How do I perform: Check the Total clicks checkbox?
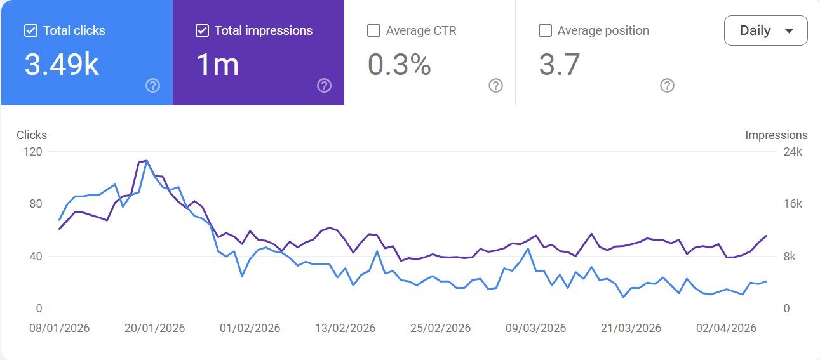tap(30, 30)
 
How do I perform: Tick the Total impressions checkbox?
tap(202, 30)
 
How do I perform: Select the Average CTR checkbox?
tap(374, 30)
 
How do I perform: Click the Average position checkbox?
tap(545, 30)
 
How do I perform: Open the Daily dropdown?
tap(765, 30)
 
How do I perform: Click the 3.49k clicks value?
tap(62, 65)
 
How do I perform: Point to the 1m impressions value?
tap(218, 65)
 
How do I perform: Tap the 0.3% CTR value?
tap(399, 65)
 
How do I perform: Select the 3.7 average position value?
tap(559, 65)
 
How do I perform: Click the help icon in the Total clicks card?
tap(152, 85)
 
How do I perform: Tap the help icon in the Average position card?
tap(667, 85)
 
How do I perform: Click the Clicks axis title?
tap(32, 135)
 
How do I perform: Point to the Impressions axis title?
tap(776, 135)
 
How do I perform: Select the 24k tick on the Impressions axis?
tap(793, 152)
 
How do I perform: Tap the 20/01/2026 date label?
tap(154, 328)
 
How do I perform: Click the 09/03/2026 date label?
tap(535, 328)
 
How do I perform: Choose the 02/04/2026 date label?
tap(726, 328)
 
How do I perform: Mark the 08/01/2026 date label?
tap(59, 328)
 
